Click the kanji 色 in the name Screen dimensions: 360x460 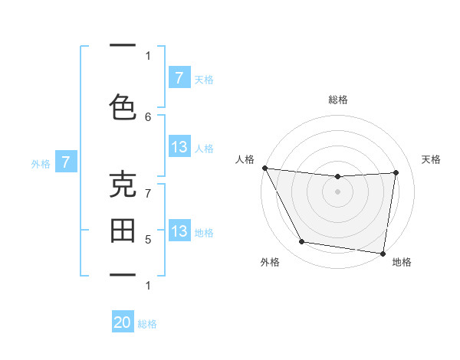[123, 106]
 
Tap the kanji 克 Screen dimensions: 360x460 [123, 185]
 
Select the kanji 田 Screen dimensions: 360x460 [123, 230]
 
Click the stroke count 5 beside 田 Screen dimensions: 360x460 [148, 240]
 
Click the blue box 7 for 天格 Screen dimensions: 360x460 [179, 77]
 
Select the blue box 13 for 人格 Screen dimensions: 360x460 [179, 147]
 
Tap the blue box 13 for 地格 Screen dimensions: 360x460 [179, 231]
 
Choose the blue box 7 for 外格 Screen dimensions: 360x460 [66, 162]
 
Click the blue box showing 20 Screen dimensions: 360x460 [123, 322]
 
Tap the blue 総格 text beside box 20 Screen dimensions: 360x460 [147, 324]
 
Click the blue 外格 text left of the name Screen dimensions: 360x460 [41, 163]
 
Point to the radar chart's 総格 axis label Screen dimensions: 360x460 [338, 100]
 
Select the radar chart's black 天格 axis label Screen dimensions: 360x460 [432, 159]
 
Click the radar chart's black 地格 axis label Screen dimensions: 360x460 [402, 263]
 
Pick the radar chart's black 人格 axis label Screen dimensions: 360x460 [245, 159]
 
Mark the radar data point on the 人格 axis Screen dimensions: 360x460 [265, 168]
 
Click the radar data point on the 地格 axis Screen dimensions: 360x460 [383, 253]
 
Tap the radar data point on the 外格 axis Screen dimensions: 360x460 [302, 242]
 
